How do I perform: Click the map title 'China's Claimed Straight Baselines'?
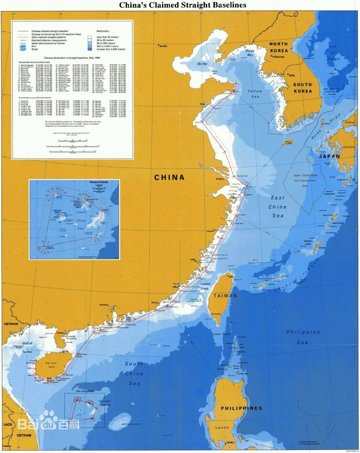coord(183,5)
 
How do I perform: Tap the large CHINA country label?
coord(169,177)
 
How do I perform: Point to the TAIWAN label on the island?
coord(225,296)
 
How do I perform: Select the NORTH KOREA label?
coord(279,47)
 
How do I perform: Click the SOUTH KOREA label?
coord(303,88)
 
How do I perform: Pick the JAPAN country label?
coord(329,156)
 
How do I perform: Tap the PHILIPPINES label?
coord(241,408)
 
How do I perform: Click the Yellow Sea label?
coord(255,94)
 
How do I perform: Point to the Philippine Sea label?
coord(303,337)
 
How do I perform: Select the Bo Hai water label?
coord(202,64)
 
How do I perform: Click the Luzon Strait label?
coord(221,334)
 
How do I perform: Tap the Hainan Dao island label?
coord(51,365)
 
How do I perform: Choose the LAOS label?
coord(8,425)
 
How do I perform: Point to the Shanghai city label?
coord(219,179)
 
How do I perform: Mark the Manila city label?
coord(231,443)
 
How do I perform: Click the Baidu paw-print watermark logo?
coord(49,420)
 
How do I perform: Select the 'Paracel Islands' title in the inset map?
coord(99,182)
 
